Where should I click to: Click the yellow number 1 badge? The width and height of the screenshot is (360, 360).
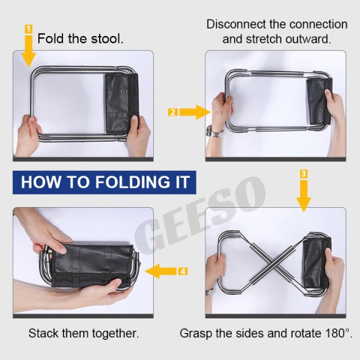(x=28, y=29)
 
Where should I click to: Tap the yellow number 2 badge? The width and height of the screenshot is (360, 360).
(x=172, y=112)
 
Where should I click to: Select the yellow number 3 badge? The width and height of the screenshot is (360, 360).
(x=304, y=174)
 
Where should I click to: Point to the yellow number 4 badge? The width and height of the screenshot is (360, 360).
(x=183, y=271)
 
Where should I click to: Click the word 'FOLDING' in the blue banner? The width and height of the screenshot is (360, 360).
(x=133, y=182)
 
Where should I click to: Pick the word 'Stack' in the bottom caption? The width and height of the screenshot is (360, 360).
(x=43, y=333)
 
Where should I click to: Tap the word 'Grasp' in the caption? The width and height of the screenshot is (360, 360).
(x=196, y=334)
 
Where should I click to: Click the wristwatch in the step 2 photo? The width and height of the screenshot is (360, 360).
(x=214, y=132)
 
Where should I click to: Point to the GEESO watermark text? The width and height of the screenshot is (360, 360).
(x=200, y=215)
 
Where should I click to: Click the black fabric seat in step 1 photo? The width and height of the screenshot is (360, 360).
(x=121, y=103)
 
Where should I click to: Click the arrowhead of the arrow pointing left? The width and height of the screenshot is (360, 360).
(x=151, y=271)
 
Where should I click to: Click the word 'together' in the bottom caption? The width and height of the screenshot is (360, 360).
(x=115, y=334)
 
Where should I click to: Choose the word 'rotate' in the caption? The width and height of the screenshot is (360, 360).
(x=306, y=333)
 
